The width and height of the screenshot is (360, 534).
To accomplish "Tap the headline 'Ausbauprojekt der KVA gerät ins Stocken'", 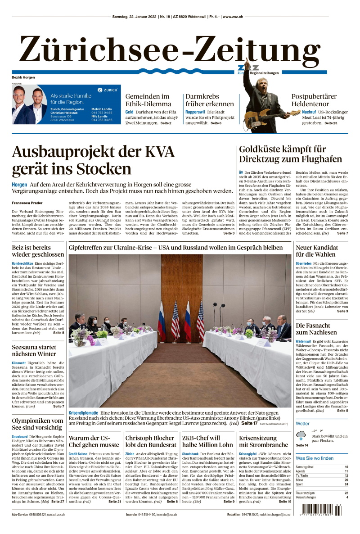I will point(93,160).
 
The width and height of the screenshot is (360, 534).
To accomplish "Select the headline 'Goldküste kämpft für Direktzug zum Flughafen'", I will point(283,154).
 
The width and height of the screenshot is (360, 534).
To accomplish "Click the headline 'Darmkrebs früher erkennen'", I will point(210,100).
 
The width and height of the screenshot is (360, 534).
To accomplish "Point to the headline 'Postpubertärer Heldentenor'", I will point(314,100).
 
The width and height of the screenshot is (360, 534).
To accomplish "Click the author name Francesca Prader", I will point(27,203).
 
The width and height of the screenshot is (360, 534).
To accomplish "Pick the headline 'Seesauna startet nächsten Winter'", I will point(34,351).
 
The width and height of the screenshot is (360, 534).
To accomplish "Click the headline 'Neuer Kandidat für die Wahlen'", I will point(317,251).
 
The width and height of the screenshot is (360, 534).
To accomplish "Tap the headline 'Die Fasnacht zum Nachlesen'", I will point(316,329).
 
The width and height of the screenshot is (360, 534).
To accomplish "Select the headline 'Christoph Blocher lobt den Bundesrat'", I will point(149,441).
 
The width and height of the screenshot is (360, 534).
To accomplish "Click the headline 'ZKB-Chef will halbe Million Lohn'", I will point(207,441).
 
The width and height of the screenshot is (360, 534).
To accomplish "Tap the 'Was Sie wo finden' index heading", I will point(315,458).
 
